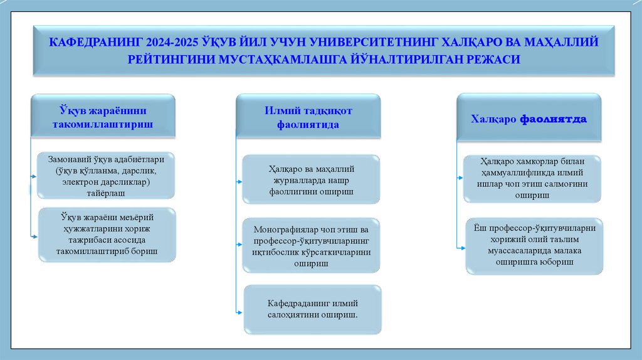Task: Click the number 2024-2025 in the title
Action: [x=174, y=43]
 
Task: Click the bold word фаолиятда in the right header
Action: [x=553, y=119]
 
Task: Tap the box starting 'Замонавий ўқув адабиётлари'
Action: [x=106, y=175]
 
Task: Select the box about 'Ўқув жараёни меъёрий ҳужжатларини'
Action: [x=107, y=234]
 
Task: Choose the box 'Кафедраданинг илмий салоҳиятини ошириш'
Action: [x=312, y=309]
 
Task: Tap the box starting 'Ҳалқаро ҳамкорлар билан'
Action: [x=532, y=179]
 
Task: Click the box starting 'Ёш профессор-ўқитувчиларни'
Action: [x=534, y=245]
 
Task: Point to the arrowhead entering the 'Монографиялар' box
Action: [x=240, y=243]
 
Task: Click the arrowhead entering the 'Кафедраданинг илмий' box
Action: [x=240, y=311]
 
